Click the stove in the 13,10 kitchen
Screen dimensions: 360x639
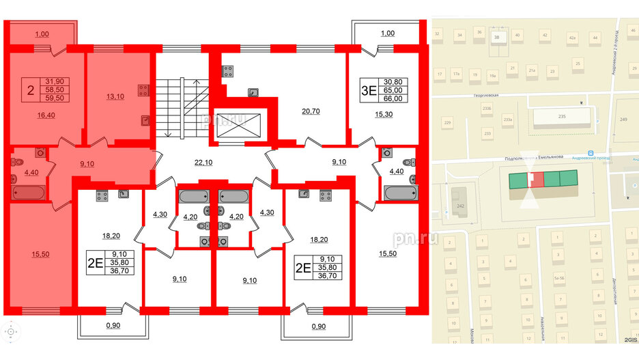point(144,89)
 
